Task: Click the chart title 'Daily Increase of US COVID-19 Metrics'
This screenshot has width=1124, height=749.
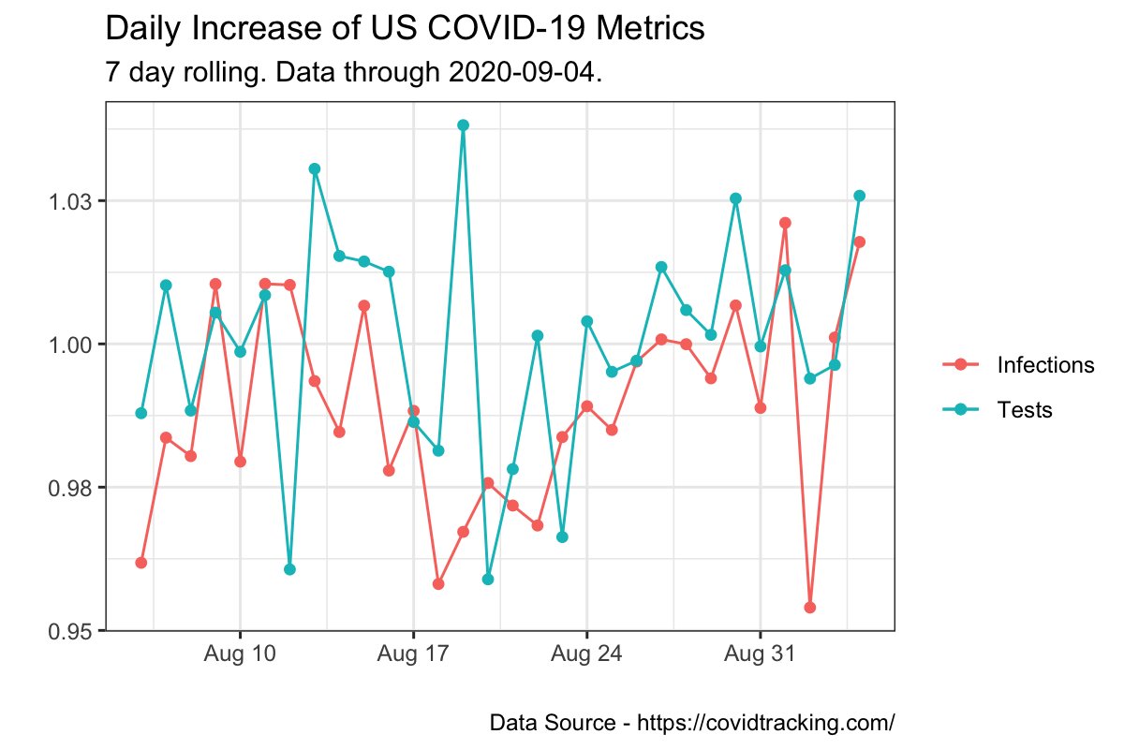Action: coord(405,29)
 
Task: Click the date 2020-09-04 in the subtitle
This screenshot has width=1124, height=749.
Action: coord(525,72)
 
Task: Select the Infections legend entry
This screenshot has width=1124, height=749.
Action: coord(1045,364)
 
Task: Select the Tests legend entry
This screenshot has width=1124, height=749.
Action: coord(1025,409)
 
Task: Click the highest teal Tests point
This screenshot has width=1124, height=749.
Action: coord(463,125)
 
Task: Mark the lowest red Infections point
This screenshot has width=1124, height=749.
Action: coord(809,608)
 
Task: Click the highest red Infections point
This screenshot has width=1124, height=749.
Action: coord(785,223)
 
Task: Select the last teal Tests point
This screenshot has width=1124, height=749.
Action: coord(859,196)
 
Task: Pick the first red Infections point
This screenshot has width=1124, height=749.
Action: coord(141,563)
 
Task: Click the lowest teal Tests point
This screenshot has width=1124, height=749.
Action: coord(487,580)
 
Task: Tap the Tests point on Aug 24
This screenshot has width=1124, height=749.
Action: coord(586,321)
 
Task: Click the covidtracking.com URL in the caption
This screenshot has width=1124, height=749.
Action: coord(766,723)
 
